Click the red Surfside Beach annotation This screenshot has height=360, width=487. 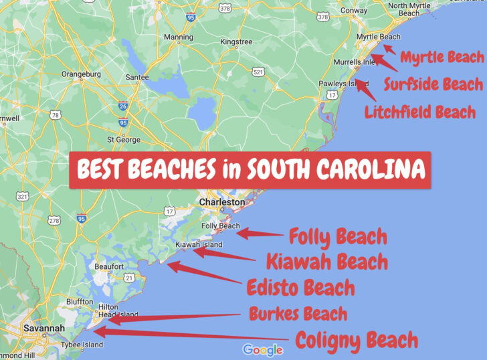tap(433, 84)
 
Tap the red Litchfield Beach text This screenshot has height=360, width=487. tap(420, 112)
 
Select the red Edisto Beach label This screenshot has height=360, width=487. tap(300, 288)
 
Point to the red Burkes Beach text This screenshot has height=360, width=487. tap(298, 313)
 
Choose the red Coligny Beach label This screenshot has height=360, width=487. tap(357, 340)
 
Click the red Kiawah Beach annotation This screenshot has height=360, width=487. tap(326, 261)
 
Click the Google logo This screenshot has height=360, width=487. tap(263, 349)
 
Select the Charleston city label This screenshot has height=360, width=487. tap(223, 202)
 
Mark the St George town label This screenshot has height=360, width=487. tap(124, 140)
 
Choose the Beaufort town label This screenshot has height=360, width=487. tap(109, 266)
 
